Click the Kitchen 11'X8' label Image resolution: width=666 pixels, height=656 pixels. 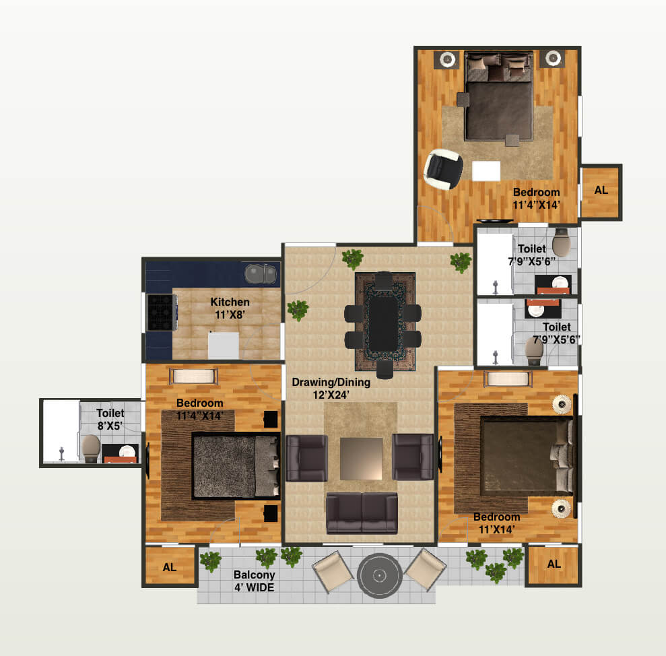click(230, 308)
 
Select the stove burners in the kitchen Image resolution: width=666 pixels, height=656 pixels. click(162, 313)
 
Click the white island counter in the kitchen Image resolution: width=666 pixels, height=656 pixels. click(224, 345)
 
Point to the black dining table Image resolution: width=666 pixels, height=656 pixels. click(382, 324)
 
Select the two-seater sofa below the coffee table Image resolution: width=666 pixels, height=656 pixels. click(362, 513)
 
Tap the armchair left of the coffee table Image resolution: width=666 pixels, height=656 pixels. click(306, 457)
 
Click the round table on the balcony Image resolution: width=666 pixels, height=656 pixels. click(379, 576)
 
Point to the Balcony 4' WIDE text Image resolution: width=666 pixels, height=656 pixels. click(254, 581)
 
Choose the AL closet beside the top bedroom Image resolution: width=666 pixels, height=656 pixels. click(601, 191)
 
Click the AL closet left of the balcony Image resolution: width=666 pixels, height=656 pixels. click(170, 567)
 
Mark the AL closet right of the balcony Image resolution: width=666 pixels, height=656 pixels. click(554, 564)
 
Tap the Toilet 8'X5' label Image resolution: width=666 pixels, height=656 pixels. click(110, 420)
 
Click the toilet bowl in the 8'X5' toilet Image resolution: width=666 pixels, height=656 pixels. click(90, 447)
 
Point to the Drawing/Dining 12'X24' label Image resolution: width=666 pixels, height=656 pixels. click(331, 389)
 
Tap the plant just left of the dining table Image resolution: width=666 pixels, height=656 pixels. click(298, 310)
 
